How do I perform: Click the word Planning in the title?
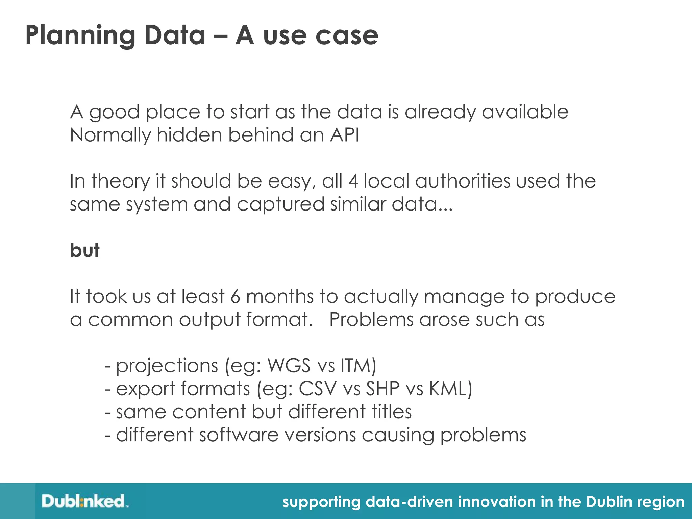[x=80, y=36]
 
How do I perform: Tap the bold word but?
[x=84, y=250]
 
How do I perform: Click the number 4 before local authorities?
[x=353, y=181]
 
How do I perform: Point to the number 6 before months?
[x=235, y=296]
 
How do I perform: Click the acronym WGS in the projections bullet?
[x=289, y=366]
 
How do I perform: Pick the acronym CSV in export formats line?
[x=318, y=389]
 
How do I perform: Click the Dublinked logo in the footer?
[x=84, y=501]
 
